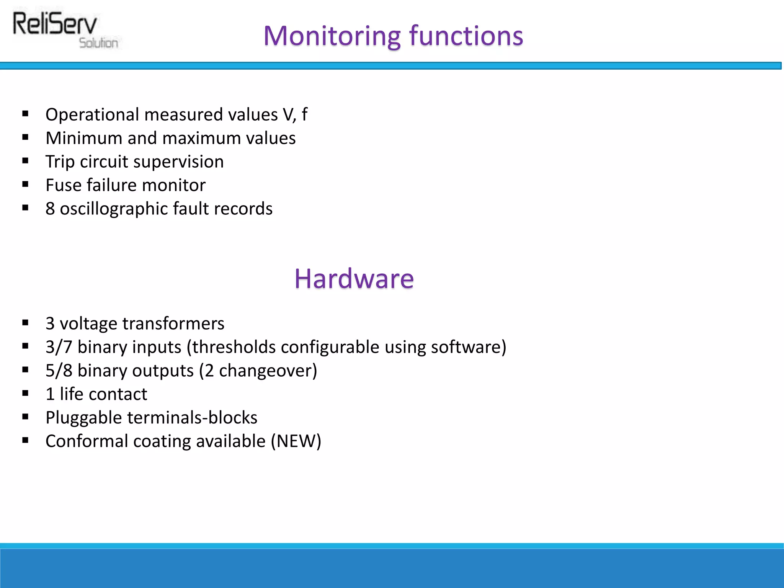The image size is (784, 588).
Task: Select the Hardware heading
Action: (354, 278)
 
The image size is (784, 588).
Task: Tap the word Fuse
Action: (63, 185)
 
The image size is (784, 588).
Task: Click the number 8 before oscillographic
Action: (50, 209)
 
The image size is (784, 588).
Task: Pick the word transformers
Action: (173, 323)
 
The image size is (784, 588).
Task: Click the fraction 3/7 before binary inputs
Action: (59, 347)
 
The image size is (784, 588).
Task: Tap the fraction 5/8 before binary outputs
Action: (59, 371)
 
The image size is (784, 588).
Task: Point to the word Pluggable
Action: (83, 418)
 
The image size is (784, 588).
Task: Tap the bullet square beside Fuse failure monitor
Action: (25, 185)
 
